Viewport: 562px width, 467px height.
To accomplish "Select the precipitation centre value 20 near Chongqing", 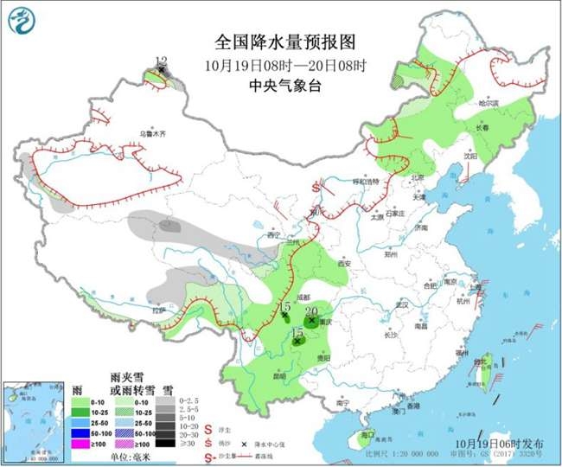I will (x=312, y=311).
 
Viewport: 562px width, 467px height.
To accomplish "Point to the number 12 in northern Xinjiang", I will (x=160, y=61).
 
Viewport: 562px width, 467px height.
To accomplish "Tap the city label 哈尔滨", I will (x=489, y=103).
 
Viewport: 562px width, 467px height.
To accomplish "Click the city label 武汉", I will (x=399, y=305).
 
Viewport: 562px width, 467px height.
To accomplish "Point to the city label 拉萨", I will (x=158, y=310).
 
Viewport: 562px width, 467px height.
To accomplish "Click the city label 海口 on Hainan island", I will (x=367, y=435).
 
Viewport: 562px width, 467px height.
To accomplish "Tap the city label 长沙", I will (x=390, y=334).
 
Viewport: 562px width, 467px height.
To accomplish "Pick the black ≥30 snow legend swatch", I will (x=166, y=444).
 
